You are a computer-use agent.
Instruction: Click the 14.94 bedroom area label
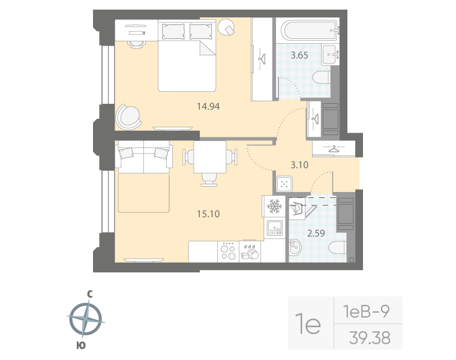tap(209, 107)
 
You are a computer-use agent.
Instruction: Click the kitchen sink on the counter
tap(275, 228)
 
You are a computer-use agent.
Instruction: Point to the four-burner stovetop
tap(228, 251)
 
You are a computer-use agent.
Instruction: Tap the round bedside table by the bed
tap(227, 27)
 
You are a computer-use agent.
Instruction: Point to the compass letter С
tap(89, 294)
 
